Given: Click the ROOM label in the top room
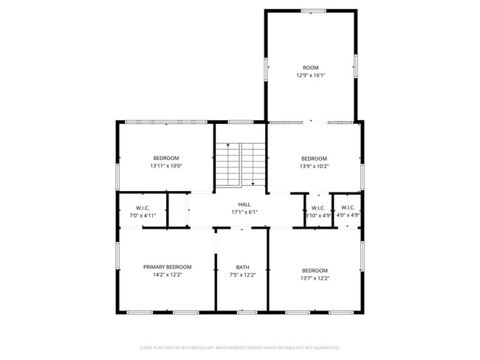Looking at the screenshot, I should coord(310,67).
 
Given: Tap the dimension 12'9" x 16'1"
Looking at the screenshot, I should coord(310,75).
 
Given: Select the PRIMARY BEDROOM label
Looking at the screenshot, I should coord(167,267).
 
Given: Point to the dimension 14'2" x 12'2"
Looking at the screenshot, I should coord(167,275).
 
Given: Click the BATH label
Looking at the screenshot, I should coord(242,267).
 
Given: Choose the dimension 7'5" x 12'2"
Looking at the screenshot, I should coord(242,275).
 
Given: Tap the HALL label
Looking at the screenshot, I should coord(244,204).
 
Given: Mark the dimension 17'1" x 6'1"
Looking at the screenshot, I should coord(244,212).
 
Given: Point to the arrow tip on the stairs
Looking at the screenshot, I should coord(253,184).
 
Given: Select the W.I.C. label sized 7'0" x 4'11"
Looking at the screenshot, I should coord(143,207).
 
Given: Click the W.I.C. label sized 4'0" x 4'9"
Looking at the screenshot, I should coord(348,207).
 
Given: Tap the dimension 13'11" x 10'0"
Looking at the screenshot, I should coord(166,166).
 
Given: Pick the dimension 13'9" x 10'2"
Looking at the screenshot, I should coord(314,166).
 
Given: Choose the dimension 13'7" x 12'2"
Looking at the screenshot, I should coord(314,278).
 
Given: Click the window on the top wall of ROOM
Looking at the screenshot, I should coord(313,10).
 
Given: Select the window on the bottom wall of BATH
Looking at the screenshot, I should coord(247,312).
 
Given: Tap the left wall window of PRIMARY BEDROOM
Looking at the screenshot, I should coord(117,255).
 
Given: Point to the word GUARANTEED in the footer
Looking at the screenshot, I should coord(323,347).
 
